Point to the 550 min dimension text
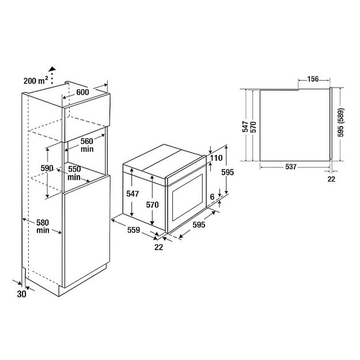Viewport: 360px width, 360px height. click(74, 173)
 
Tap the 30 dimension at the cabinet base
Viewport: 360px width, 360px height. click(22, 294)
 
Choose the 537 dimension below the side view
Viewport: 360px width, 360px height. click(290, 167)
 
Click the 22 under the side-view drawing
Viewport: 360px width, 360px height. click(331, 180)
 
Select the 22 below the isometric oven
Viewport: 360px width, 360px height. click(159, 248)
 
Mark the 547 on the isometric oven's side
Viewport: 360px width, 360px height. click(132, 195)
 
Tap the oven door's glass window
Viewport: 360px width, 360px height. click(187, 199)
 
